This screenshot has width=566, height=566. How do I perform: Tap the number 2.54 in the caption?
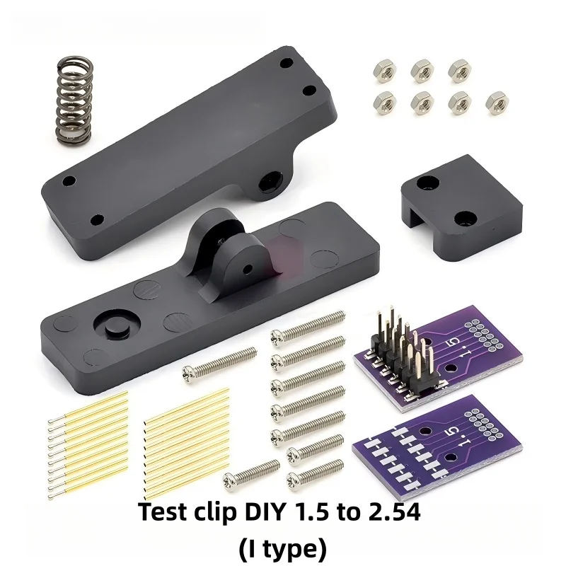click(393, 512)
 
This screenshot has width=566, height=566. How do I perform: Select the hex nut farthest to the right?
click(498, 101)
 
